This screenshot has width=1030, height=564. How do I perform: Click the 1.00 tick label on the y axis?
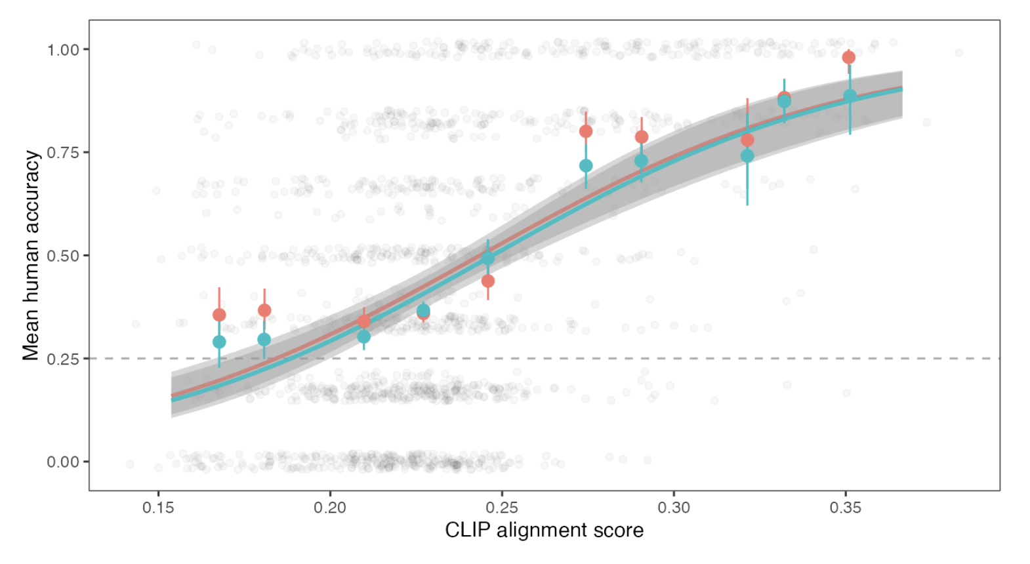[63, 50]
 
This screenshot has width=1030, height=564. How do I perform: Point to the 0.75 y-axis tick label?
[63, 153]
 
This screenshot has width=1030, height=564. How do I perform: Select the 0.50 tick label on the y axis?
[63, 256]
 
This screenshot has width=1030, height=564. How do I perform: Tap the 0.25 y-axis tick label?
[63, 359]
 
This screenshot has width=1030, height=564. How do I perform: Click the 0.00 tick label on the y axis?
[63, 462]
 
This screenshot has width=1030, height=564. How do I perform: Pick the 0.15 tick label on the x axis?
[158, 508]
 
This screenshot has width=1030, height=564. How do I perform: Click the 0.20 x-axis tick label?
[330, 508]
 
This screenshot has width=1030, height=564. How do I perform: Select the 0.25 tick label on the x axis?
[502, 508]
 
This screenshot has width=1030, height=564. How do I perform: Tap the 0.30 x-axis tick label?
[674, 508]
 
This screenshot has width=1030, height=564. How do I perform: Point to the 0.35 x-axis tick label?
[846, 508]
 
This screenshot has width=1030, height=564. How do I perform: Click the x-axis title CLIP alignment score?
[544, 531]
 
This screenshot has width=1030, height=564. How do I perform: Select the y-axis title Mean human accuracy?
[31, 255]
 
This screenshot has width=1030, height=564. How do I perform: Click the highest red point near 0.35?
[848, 58]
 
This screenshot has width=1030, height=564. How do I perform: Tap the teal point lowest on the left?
[219, 342]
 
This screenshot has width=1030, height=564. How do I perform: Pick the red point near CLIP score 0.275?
[586, 131]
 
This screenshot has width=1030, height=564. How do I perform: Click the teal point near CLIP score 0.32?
[747, 156]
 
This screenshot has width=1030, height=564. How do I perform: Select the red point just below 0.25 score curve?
[488, 281]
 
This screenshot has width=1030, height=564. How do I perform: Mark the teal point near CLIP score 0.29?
[642, 161]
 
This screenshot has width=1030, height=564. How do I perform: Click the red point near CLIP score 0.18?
[264, 310]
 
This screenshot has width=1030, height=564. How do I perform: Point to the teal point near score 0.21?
[363, 336]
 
